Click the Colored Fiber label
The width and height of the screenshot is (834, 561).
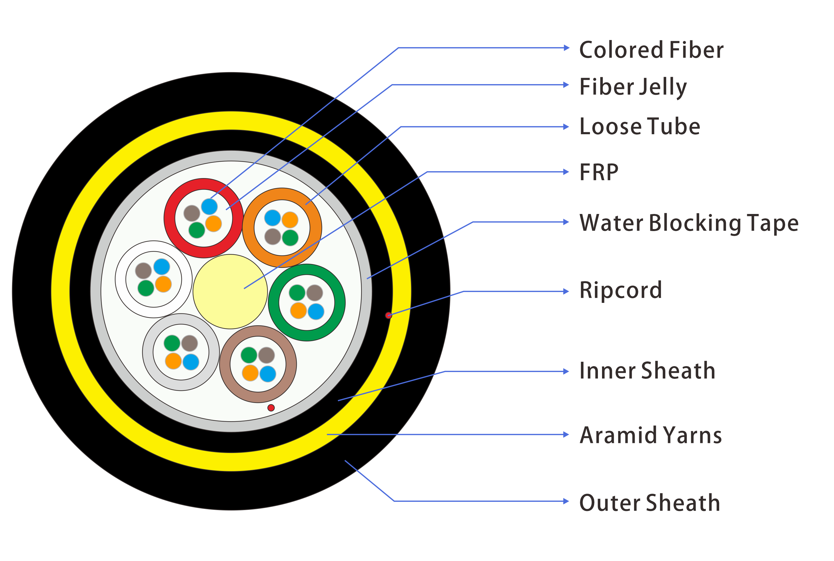[651, 50]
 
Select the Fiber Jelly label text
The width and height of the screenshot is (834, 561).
[633, 87]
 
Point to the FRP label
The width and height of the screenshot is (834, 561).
[598, 172]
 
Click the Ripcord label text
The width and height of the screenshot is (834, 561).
[620, 290]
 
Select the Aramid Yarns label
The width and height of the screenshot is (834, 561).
[651, 435]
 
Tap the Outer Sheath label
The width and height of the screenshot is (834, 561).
[649, 502]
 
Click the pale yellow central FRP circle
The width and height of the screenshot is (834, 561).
[230, 292]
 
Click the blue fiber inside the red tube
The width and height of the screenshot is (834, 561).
[209, 206]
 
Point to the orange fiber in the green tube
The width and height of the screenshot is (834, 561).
[298, 310]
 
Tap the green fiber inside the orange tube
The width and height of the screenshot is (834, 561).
[290, 238]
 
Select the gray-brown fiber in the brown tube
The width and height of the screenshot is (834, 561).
[266, 355]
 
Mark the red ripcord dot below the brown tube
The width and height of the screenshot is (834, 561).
[271, 408]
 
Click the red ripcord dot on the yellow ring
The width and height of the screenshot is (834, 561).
[389, 315]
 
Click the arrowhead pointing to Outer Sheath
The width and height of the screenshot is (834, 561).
[566, 501]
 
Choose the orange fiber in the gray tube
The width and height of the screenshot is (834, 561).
[173, 361]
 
